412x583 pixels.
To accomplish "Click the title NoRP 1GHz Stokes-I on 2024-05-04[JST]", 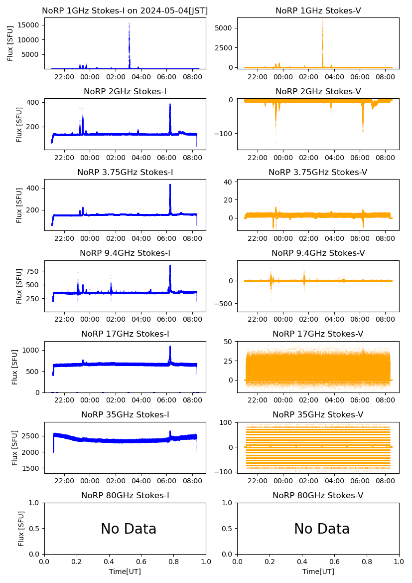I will point(125,10).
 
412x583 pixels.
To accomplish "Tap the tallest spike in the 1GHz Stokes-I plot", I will point(129,24).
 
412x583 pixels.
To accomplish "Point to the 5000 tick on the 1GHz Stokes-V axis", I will point(226,28).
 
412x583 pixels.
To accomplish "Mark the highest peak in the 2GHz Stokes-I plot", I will point(170,105).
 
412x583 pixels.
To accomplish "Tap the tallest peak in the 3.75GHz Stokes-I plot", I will point(170,185).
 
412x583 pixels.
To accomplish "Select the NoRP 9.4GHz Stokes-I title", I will point(125,253).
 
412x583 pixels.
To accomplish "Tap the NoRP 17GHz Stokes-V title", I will point(318,334).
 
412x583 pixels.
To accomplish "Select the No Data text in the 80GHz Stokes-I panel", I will point(129,529).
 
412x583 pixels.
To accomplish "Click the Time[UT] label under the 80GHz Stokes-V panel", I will point(318,572).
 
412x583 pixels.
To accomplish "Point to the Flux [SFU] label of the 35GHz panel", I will point(15,448).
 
